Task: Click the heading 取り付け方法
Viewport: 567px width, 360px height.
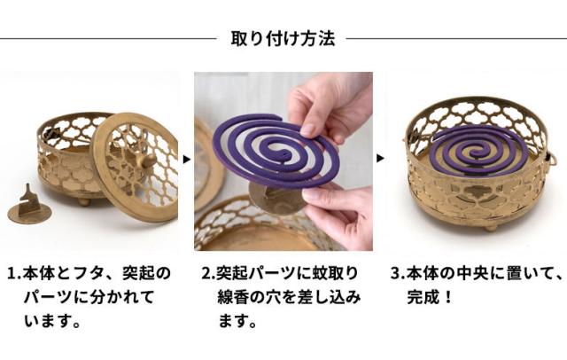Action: click(x=283, y=39)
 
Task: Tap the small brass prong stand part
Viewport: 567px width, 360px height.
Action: click(x=28, y=207)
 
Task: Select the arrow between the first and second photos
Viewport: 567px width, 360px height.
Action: click(x=186, y=159)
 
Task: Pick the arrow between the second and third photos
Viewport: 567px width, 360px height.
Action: click(x=380, y=159)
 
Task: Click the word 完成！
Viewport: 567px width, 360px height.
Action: click(x=431, y=296)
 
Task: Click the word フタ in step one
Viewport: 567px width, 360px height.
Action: click(x=86, y=272)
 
